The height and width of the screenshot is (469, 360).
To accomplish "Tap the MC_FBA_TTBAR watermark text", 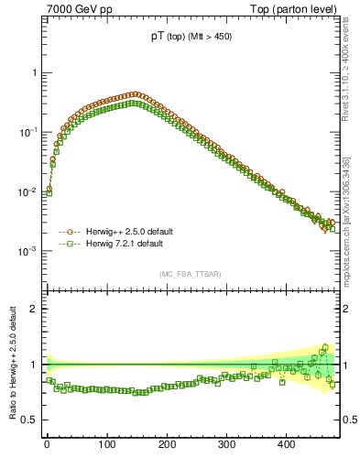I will coord(191,274).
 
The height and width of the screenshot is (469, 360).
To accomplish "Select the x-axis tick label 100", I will coord(106,444).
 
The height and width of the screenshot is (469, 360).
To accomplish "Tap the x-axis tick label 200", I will coord(167,444).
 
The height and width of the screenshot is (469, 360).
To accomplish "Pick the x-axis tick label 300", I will coord(226,444).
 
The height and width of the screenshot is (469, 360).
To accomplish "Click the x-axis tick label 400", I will coord(286,444).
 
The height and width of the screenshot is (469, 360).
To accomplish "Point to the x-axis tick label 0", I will coord(47,444).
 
